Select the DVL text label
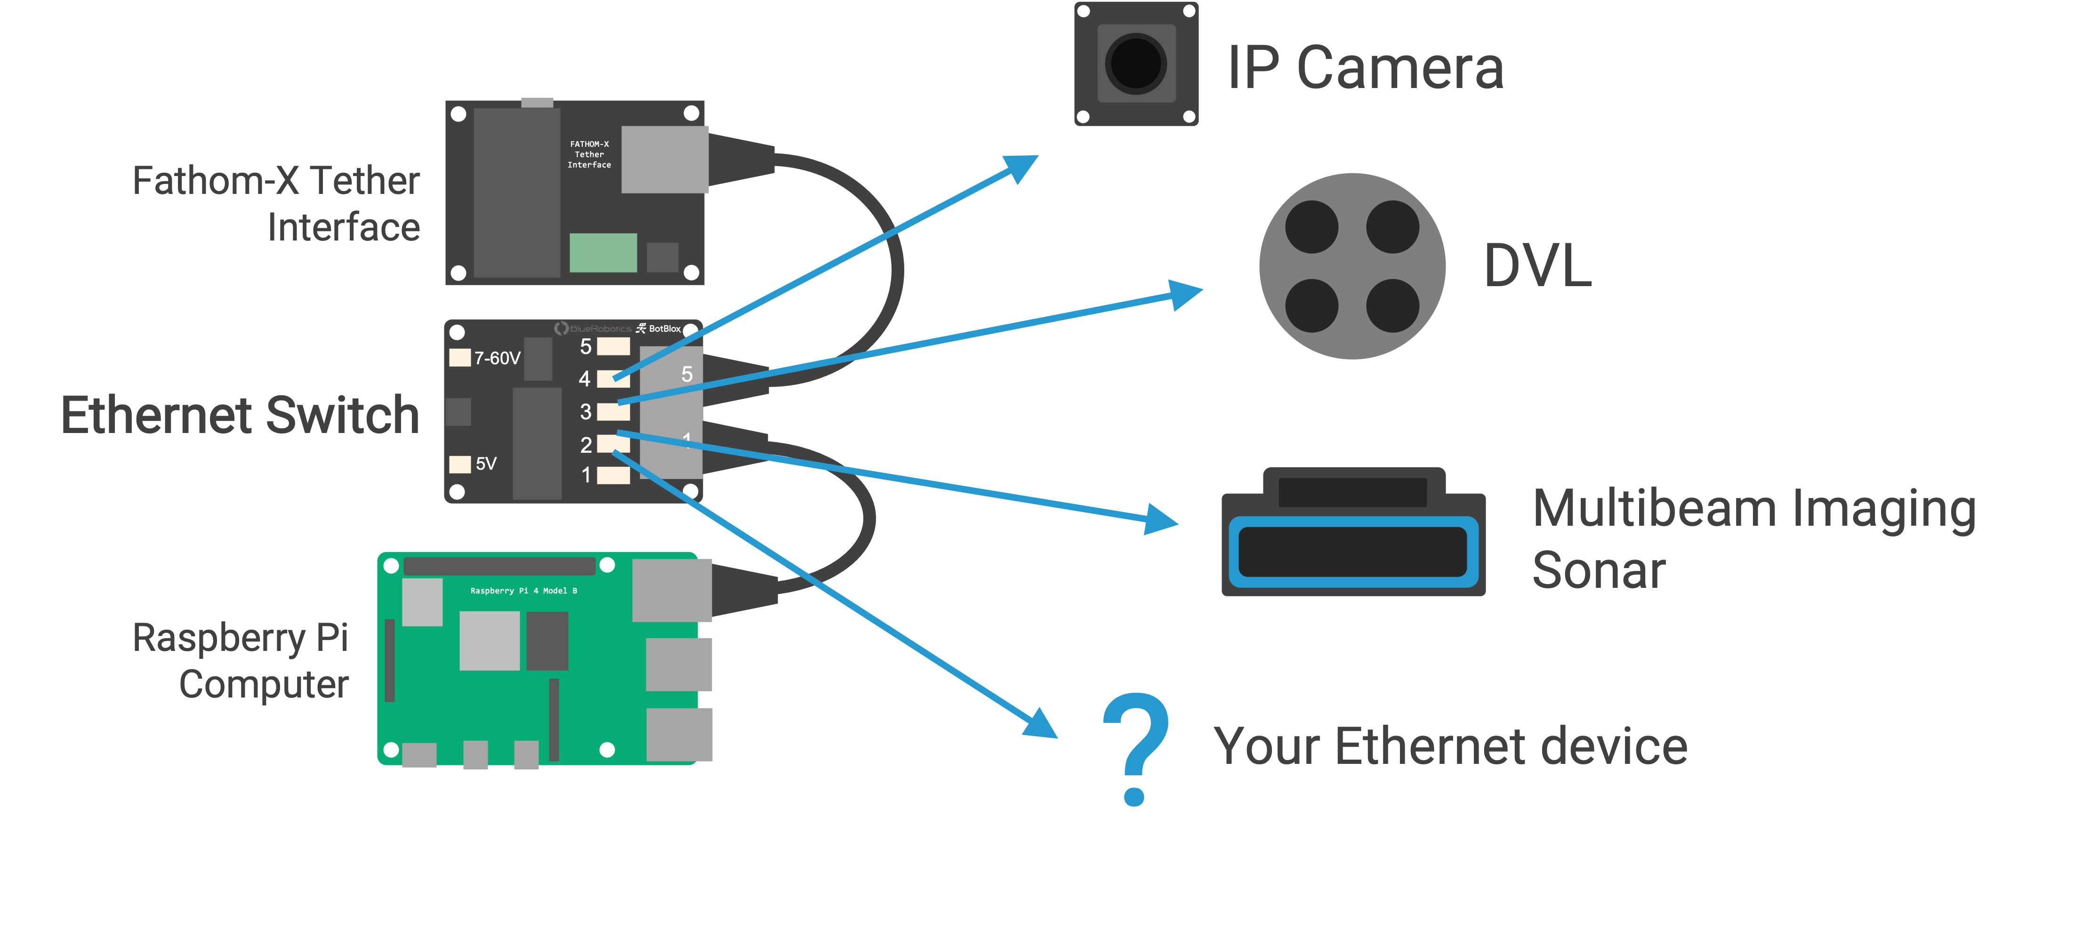point(1537,265)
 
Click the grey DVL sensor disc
point(1352,266)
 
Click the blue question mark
point(1135,749)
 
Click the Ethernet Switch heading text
point(241,416)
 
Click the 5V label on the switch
point(486,464)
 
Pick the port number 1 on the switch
point(586,475)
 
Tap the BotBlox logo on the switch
point(659,329)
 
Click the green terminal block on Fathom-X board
point(603,253)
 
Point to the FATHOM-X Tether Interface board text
point(589,154)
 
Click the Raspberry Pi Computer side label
point(241,661)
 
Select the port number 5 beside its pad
point(586,346)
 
